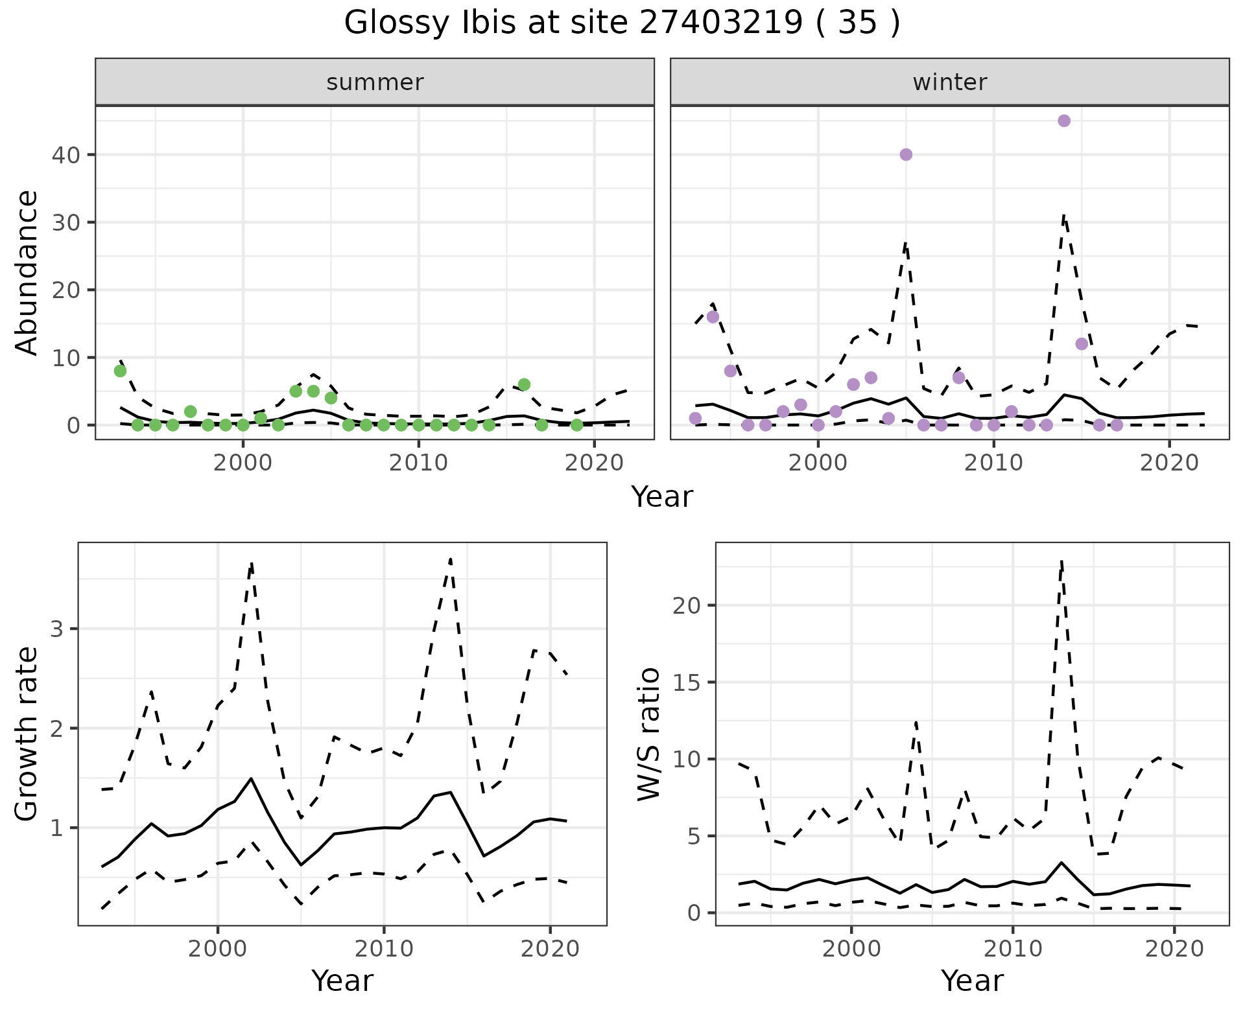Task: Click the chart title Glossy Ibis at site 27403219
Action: pos(621,23)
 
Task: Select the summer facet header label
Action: pos(375,82)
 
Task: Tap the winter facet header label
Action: pos(949,82)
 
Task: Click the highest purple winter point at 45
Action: pos(1063,121)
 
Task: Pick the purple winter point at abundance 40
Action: pos(906,154)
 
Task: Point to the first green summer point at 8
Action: pos(120,371)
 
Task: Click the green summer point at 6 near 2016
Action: pos(524,384)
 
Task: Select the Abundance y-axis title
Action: pos(27,272)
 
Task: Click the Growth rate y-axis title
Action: pos(27,734)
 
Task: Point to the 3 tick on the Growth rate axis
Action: pos(56,629)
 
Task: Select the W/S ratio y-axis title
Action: pos(649,734)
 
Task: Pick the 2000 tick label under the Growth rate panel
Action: pos(218,949)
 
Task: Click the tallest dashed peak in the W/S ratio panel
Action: pos(1061,561)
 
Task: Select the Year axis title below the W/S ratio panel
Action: pos(972,981)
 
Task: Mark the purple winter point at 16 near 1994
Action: pos(713,317)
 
